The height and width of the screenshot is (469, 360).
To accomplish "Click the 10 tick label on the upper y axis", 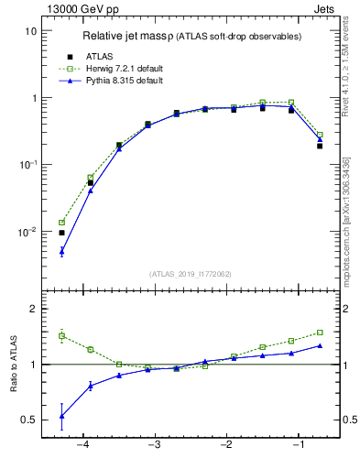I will (30, 31).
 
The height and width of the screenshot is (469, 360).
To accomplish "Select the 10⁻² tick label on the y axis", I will (27, 232).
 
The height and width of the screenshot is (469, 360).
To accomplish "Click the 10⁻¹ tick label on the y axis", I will (27, 165).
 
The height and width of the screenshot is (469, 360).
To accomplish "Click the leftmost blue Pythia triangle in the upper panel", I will (61, 251).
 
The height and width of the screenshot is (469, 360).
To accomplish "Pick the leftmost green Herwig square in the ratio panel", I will (61, 336).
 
